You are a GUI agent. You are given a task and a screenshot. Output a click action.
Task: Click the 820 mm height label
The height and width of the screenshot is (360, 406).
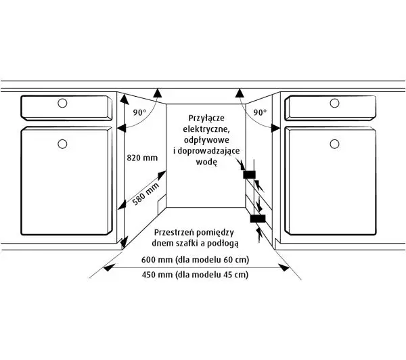(x=142, y=158)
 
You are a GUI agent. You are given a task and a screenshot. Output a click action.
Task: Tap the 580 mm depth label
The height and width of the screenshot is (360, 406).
(x=145, y=194)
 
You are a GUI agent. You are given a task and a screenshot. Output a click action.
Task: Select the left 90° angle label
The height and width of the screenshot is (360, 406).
(x=139, y=112)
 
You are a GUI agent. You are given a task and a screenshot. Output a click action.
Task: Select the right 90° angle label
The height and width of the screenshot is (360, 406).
(x=260, y=112)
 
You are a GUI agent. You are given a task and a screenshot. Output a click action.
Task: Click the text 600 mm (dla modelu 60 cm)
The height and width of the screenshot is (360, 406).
(x=196, y=259)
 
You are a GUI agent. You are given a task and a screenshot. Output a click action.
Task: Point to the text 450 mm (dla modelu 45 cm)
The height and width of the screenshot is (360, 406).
(x=196, y=274)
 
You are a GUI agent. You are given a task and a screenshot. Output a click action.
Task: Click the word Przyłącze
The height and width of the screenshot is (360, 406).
(x=206, y=118)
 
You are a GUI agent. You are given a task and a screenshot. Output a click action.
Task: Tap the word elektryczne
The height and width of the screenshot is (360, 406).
(x=206, y=129)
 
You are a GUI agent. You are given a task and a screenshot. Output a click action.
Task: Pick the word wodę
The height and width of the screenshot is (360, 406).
(x=206, y=162)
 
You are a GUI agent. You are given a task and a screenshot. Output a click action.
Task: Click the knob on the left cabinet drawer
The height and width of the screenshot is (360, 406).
(x=62, y=103)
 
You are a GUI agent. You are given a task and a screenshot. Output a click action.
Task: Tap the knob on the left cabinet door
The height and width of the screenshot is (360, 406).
(x=62, y=143)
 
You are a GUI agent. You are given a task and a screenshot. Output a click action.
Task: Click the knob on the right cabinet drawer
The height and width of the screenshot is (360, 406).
(x=334, y=103)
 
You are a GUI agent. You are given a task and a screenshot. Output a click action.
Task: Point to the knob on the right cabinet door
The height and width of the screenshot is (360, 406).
(x=334, y=143)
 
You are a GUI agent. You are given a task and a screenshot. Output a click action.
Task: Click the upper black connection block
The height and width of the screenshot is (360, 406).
(x=249, y=175)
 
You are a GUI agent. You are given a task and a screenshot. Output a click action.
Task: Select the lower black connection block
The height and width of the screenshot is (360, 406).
(x=258, y=219)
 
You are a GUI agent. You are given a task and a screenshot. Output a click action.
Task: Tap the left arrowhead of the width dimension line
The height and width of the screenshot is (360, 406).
(x=109, y=268)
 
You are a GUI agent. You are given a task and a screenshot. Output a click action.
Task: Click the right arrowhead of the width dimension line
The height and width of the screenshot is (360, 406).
(x=284, y=267)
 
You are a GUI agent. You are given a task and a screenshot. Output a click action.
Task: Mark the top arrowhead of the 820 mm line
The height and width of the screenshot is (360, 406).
(x=125, y=99)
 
